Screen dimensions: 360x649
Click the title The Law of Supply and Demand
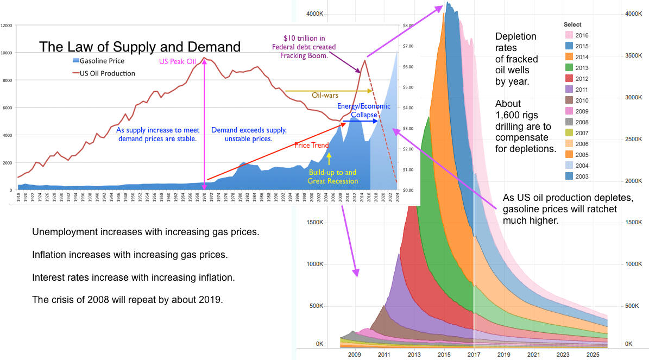pos(140,47)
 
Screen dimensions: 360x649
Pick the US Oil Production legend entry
pos(103,73)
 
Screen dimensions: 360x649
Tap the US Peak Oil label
pos(177,61)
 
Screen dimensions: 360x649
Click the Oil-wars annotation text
pos(325,95)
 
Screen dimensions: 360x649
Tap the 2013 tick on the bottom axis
pos(414,355)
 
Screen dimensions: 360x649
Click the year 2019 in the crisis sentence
pos(212,299)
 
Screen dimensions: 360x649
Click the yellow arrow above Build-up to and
pos(329,159)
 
